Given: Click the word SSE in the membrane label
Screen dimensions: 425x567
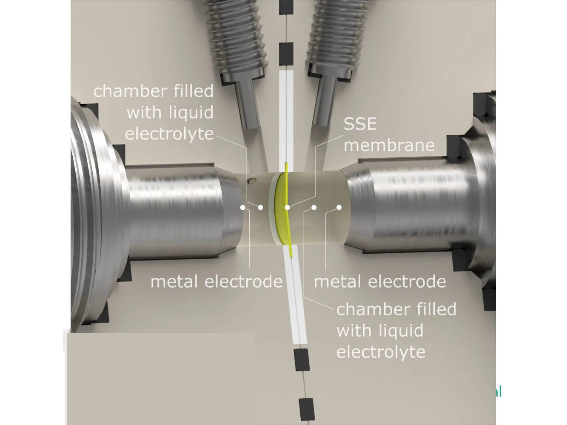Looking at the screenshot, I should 360,124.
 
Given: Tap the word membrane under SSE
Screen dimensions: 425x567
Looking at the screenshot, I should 389,145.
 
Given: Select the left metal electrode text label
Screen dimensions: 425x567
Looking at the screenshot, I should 216,281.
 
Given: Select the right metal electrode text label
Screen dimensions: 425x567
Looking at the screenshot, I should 379,281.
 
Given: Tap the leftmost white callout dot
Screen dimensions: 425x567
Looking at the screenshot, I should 242,207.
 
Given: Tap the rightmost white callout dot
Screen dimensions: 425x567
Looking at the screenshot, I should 339,207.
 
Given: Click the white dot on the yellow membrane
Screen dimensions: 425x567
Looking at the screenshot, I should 288,207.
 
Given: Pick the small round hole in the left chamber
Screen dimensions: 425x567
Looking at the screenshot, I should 252,181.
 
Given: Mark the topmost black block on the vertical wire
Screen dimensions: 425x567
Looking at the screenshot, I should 286,6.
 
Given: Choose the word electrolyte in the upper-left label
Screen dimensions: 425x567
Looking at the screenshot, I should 169,133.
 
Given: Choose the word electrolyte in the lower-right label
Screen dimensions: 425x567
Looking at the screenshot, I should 381,352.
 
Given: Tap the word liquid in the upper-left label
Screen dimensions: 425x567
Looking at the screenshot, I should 191,113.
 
